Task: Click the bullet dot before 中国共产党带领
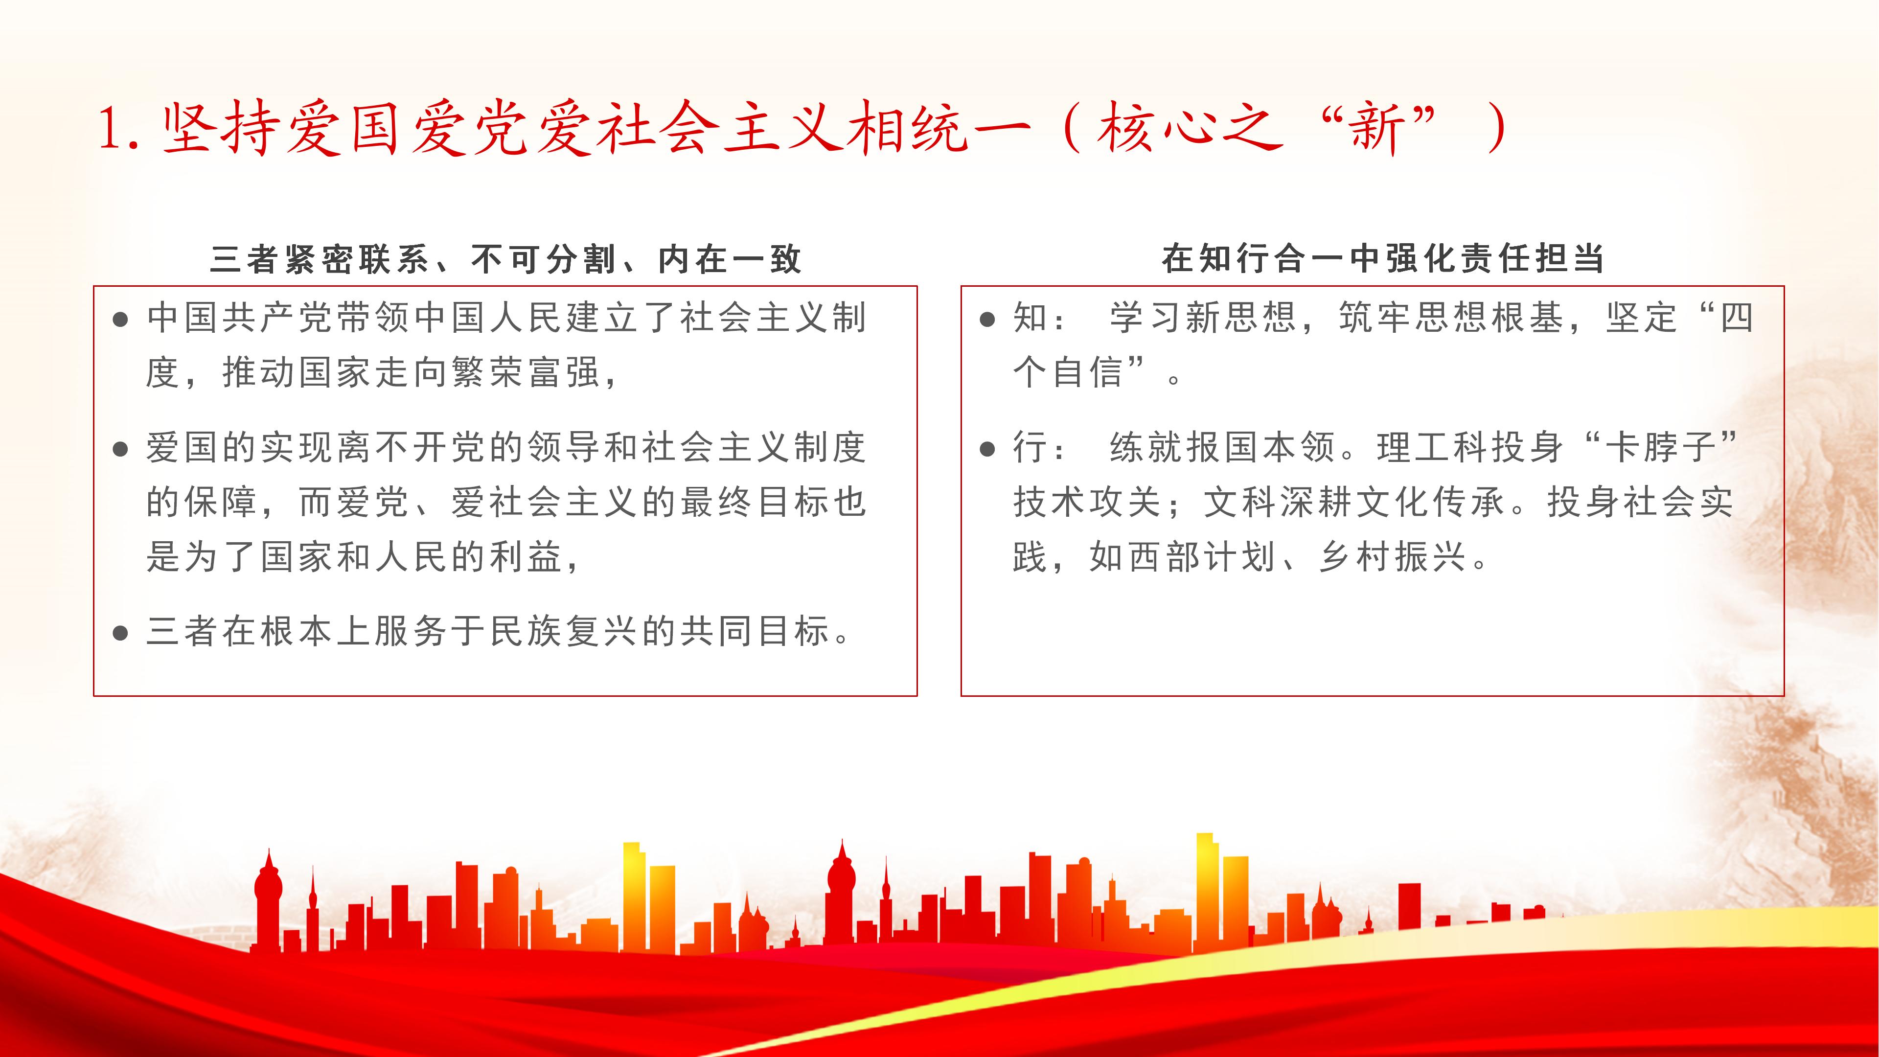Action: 121,320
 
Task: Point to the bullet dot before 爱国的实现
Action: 121,449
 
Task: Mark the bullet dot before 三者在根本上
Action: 121,632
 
